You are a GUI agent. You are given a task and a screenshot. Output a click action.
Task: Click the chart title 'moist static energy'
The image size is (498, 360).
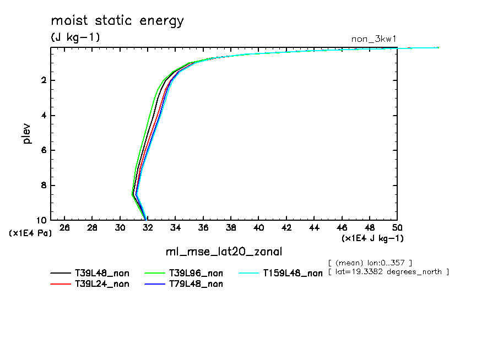(x=117, y=21)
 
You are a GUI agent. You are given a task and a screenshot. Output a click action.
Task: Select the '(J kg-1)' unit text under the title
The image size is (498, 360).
(x=75, y=37)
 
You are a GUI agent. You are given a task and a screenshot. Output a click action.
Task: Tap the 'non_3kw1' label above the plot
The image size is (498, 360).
(x=374, y=39)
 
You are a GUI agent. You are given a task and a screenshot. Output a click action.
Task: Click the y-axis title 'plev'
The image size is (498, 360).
(x=26, y=133)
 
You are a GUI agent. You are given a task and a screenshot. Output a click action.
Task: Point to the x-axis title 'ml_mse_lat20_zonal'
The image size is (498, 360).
(x=224, y=252)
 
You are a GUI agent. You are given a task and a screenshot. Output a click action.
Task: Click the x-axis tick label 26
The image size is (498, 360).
(x=64, y=228)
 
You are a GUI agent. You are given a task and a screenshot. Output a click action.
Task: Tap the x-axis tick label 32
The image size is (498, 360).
(x=148, y=228)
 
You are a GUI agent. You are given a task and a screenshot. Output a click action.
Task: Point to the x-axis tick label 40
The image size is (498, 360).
(x=258, y=228)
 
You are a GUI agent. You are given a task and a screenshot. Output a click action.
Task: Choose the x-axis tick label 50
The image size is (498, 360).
(x=397, y=228)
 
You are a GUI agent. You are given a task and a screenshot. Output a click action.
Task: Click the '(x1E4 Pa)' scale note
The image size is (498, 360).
(x=30, y=233)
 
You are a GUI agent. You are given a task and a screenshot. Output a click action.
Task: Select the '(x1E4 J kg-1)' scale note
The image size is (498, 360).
(x=372, y=238)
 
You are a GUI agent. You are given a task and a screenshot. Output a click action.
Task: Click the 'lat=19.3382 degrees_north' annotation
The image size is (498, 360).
(x=388, y=272)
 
